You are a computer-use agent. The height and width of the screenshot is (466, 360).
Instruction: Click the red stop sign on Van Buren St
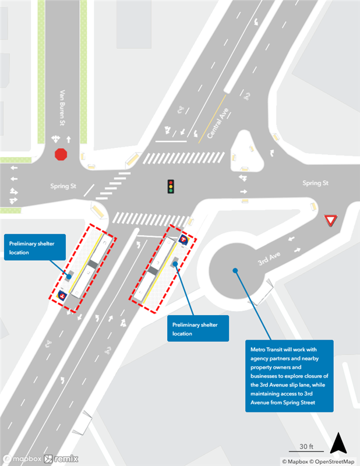click(61, 154)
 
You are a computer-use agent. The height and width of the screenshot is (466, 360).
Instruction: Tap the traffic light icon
click(171, 186)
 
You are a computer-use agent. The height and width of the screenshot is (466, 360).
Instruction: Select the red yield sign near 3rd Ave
click(330, 221)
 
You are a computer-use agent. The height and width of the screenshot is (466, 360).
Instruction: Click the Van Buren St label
click(61, 108)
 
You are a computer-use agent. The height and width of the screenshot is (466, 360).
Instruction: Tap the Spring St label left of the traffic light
click(63, 186)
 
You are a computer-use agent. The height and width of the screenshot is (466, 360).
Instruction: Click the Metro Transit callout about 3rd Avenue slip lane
click(289, 376)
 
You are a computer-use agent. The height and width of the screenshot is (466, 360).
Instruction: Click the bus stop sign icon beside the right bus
click(184, 239)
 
